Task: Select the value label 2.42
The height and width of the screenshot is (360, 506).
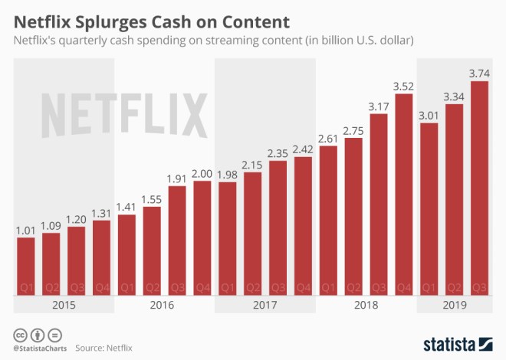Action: tap(304, 149)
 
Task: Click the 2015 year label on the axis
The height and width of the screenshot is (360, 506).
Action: tap(64, 305)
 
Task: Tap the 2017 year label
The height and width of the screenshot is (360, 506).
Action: tap(265, 305)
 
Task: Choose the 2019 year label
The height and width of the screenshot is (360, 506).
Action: tap(455, 305)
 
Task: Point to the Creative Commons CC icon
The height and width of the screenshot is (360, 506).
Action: tap(20, 335)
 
